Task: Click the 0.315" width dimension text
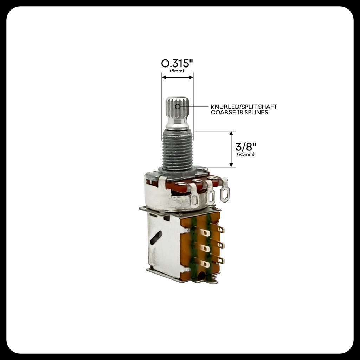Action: pos(177,64)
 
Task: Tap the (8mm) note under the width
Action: pos(177,71)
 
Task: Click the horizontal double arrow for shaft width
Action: pos(177,77)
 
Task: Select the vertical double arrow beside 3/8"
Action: pos(231,149)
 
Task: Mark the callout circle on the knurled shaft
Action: pos(178,106)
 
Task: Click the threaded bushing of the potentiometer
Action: pos(178,149)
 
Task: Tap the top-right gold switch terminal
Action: pos(220,230)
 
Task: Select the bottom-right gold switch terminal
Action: pos(220,261)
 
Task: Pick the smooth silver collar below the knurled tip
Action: pos(177,124)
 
